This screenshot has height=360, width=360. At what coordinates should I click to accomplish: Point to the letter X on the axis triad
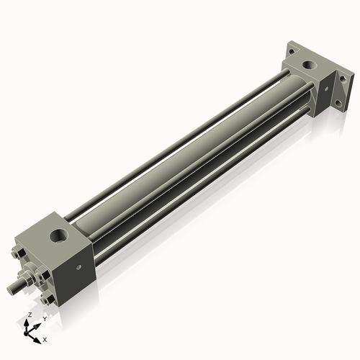click(45, 338)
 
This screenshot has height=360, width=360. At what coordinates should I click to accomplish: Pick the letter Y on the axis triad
click(44, 318)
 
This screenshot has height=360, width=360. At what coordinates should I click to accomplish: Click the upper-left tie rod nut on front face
click(17, 254)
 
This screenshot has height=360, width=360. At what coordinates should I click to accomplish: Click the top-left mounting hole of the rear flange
click(291, 51)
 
